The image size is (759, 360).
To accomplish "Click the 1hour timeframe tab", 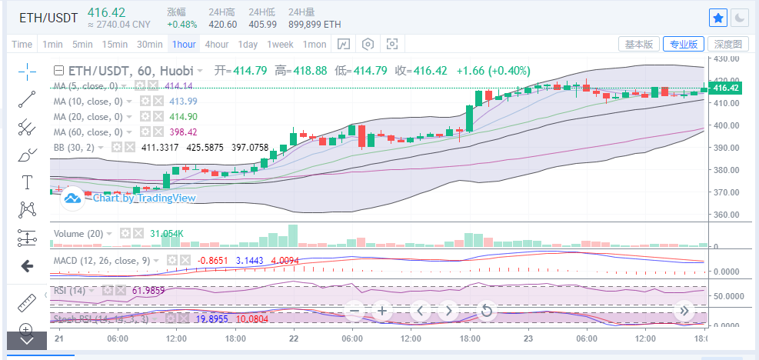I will [x=185, y=44].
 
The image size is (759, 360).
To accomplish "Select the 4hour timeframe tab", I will [x=217, y=44].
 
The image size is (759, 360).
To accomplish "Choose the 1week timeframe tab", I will [x=280, y=44].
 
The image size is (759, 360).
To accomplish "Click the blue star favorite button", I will [x=718, y=18].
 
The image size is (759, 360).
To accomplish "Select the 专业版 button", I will [x=683, y=44].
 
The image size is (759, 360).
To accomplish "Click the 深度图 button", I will [x=727, y=44].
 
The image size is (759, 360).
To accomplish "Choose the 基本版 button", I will [x=639, y=44].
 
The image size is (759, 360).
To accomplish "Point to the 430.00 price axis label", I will [x=726, y=58].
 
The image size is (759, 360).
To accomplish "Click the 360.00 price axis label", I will [x=726, y=215].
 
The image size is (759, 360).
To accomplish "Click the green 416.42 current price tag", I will [x=726, y=88].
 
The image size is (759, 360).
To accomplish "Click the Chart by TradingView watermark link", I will [x=143, y=198].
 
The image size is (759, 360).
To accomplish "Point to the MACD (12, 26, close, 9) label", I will [x=102, y=261].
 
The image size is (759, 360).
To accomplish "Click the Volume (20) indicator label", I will [x=78, y=233].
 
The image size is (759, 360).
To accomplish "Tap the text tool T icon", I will [x=28, y=182].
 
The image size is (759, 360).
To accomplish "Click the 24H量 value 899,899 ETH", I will [x=315, y=24].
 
